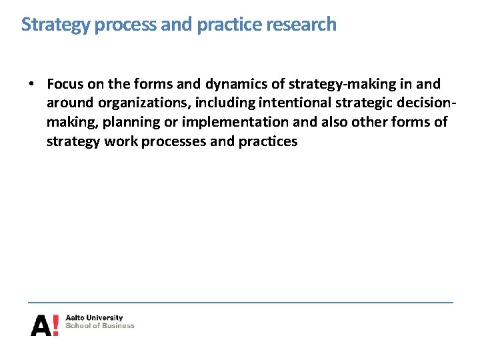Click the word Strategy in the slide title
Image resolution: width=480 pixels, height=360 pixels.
(56, 25)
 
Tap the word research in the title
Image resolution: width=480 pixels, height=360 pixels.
(301, 24)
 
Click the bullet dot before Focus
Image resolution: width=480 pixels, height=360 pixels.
(31, 85)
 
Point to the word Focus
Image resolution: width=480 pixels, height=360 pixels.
(65, 84)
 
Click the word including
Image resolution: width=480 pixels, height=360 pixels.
(223, 103)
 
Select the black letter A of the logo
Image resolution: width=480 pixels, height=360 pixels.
(41, 325)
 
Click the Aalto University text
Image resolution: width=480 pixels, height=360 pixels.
(94, 318)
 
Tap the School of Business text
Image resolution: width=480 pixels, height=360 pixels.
(100, 326)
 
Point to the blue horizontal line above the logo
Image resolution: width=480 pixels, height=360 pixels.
(240, 303)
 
